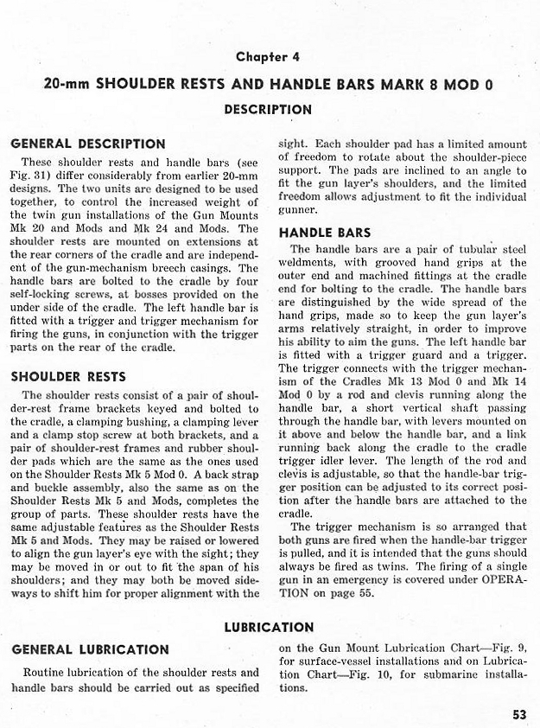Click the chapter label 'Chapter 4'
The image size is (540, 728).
coord(268,57)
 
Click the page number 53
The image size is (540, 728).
coord(518,714)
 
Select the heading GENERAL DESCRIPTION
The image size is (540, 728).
coord(88,144)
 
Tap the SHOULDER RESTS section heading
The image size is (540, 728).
coord(68,376)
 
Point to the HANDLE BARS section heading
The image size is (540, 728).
coord(325,233)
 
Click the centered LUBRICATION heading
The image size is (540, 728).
coord(269,627)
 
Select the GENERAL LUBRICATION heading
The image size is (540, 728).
coord(90,648)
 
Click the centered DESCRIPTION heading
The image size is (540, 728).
coord(268,110)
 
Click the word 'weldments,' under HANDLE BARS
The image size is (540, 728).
coord(308,262)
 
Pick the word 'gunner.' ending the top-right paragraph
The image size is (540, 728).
coord(298,209)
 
